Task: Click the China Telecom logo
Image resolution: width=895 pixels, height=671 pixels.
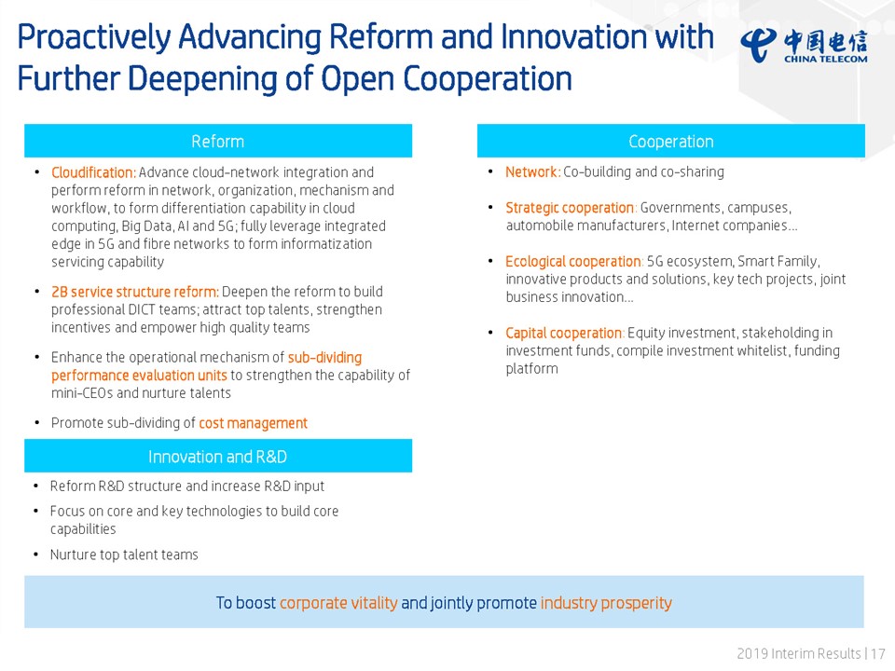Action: pyautogui.click(x=805, y=45)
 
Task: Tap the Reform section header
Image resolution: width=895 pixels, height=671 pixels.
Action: pyautogui.click(x=218, y=141)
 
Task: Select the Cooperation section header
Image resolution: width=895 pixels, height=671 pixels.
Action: pyautogui.click(x=670, y=141)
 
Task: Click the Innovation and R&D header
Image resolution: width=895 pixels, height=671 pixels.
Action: pyautogui.click(x=218, y=456)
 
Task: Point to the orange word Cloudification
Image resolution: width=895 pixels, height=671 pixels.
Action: pyautogui.click(x=93, y=172)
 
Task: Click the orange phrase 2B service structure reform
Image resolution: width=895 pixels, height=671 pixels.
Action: pyautogui.click(x=134, y=292)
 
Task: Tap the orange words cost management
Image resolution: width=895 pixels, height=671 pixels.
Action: pyautogui.click(x=253, y=423)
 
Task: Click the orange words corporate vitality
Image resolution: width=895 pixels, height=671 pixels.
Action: pyautogui.click(x=338, y=603)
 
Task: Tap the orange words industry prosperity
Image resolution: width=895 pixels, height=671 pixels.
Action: pyautogui.click(x=606, y=603)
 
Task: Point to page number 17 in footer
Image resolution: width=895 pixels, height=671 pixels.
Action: pyautogui.click(x=878, y=653)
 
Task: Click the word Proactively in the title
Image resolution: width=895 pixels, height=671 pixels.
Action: pyautogui.click(x=94, y=37)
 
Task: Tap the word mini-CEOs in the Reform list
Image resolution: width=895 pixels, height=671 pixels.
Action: pyautogui.click(x=82, y=392)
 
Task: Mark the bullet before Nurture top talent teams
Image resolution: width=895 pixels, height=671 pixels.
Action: pyautogui.click(x=36, y=555)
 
